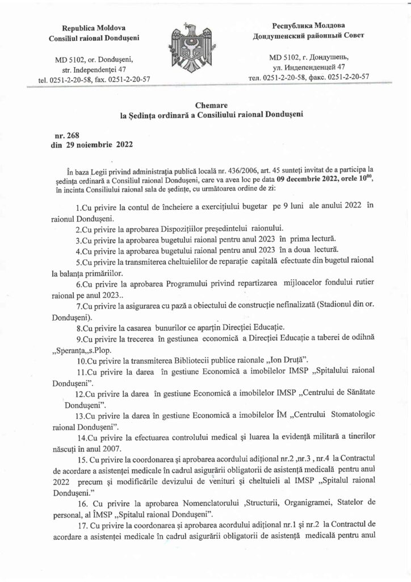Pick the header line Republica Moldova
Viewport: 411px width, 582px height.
pos(94,28)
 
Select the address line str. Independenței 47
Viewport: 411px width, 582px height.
pos(94,69)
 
